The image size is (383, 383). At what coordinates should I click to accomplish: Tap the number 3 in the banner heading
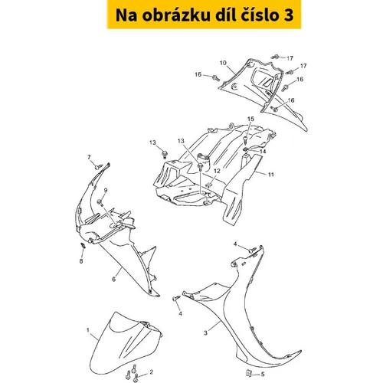coord(288,15)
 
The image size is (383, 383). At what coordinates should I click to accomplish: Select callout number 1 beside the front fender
coord(88,330)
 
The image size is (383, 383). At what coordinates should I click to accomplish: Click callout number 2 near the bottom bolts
coord(152,372)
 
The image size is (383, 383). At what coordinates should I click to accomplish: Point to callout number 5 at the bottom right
coord(263,375)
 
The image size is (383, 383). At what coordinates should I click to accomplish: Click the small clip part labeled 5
coord(247,373)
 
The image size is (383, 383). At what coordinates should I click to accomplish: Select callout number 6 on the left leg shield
coord(114,279)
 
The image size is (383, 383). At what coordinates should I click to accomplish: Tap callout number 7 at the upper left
coord(89,157)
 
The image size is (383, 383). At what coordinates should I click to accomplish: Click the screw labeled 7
coord(98,167)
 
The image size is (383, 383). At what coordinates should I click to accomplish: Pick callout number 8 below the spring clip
coord(81,261)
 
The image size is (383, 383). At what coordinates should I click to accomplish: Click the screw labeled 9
coord(100,203)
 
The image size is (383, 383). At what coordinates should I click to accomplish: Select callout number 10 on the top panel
coord(223,63)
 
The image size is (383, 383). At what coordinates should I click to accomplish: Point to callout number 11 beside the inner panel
coord(271,175)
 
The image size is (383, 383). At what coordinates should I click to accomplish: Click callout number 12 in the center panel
coord(217,171)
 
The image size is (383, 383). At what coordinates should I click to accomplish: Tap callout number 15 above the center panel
coord(250,119)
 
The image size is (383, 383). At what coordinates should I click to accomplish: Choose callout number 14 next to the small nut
coord(263,152)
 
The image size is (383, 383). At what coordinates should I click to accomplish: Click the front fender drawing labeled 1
coord(126,344)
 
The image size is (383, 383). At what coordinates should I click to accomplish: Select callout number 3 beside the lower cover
coord(205,333)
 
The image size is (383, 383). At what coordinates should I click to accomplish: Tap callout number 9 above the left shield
coord(106,190)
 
